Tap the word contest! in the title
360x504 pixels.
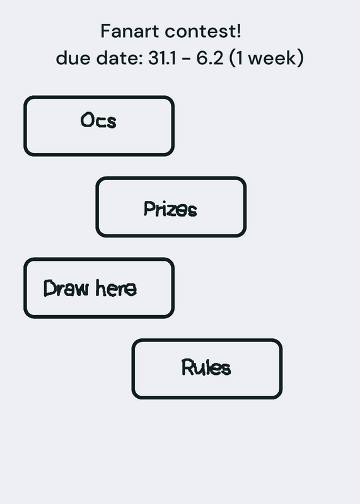pos(203,31)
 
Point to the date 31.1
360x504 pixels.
pos(162,58)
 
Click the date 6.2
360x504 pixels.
pos(209,58)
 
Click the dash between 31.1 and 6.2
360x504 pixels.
pos(186,59)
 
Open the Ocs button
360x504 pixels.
pos(99,126)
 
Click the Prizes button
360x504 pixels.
pos(171,207)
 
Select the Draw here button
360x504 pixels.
pos(99,288)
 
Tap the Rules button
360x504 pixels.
pos(207,369)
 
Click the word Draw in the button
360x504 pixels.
pos(66,288)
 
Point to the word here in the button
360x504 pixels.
pos(116,288)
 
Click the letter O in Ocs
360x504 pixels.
pos(86,120)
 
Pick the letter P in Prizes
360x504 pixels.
pos(148,209)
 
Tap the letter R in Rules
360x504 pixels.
pos(187,367)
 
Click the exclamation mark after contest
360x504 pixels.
pos(238,31)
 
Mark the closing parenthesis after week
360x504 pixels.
pos(301,58)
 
